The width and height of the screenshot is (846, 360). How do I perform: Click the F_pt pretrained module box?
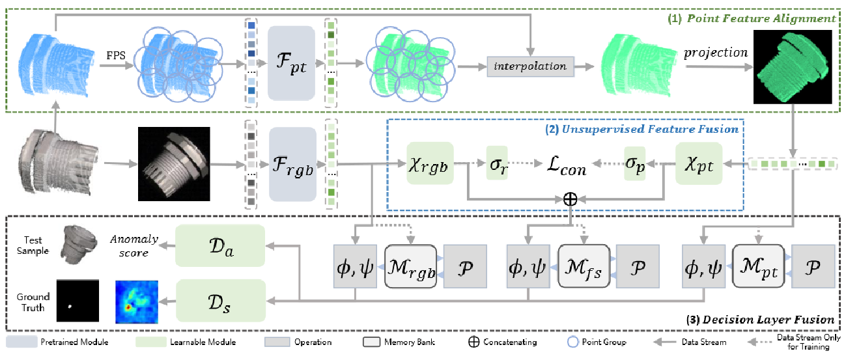(291, 64)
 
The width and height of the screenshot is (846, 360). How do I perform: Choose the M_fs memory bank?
(584, 267)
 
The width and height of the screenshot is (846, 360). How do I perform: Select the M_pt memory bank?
(758, 267)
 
